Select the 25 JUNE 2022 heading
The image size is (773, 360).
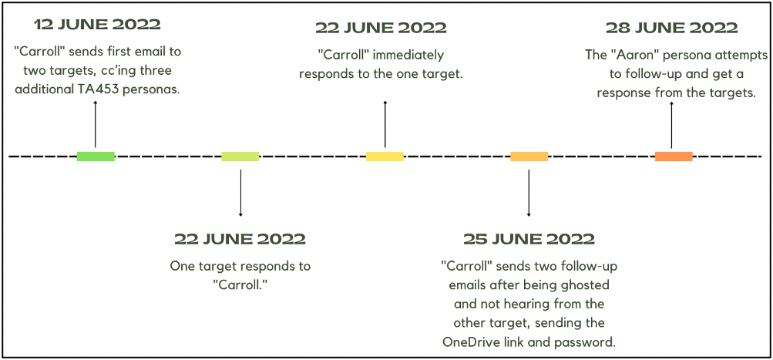[529, 238]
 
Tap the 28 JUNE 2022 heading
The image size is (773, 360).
[671, 28]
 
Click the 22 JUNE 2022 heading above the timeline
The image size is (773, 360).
[381, 28]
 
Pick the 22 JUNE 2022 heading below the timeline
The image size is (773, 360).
[240, 238]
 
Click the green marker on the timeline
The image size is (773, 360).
[96, 156]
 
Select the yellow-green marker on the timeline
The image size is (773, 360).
[240, 156]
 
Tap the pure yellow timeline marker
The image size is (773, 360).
[385, 156]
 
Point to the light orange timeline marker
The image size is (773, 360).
[529, 156]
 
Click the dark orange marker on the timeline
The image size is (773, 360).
[674, 156]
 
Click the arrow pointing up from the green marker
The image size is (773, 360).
[96, 123]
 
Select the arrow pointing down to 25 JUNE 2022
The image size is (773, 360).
[529, 193]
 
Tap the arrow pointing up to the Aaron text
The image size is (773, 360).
[671, 123]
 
